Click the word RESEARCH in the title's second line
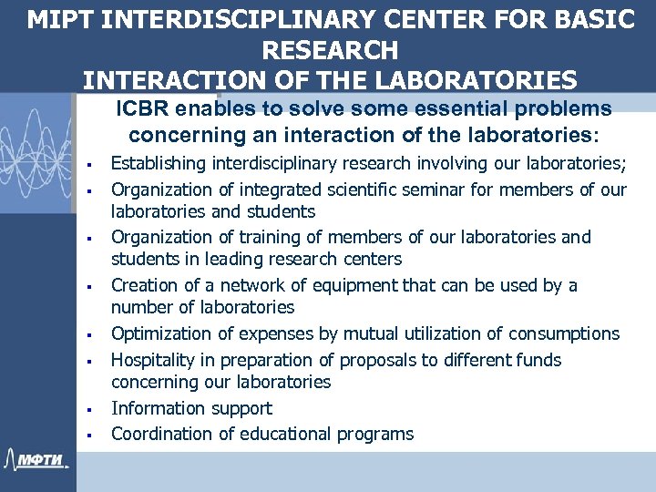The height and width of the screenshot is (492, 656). [330, 49]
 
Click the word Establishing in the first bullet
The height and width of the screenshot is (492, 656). [159, 164]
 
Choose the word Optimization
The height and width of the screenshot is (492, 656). [162, 333]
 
